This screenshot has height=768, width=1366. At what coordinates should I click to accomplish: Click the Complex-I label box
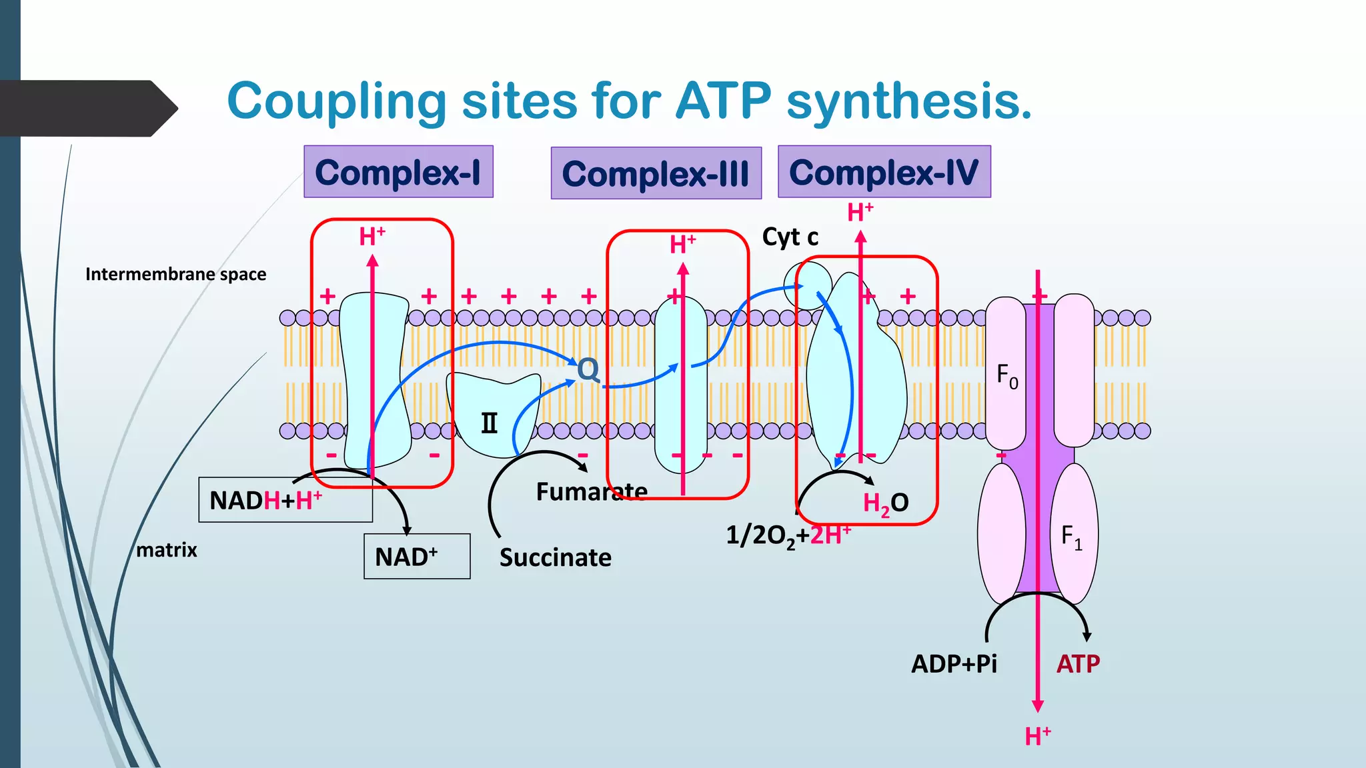point(398,172)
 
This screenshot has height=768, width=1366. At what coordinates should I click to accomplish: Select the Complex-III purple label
point(656,173)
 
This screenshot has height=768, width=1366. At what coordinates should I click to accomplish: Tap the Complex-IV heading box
point(884,172)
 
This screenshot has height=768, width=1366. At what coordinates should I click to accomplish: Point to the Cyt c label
point(790,237)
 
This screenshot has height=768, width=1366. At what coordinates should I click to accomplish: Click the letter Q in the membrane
point(588,369)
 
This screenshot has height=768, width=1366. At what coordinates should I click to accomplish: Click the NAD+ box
point(416,556)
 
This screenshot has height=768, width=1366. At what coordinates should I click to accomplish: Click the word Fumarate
point(592,492)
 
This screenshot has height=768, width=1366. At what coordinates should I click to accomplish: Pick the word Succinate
point(555,557)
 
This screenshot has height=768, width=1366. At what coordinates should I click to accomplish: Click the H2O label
point(885,503)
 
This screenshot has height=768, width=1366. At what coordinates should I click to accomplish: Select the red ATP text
point(1078,664)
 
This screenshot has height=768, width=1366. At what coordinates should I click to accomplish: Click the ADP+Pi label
point(954,664)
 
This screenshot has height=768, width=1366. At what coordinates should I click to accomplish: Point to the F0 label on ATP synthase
point(1006,376)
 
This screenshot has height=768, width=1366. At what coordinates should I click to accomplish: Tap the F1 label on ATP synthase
point(1071,537)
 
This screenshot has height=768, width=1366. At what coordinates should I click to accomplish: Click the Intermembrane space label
point(175,274)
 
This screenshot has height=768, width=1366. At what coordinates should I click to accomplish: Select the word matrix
point(167,550)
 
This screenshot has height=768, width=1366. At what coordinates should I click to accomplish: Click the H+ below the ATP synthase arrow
point(1038,737)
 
